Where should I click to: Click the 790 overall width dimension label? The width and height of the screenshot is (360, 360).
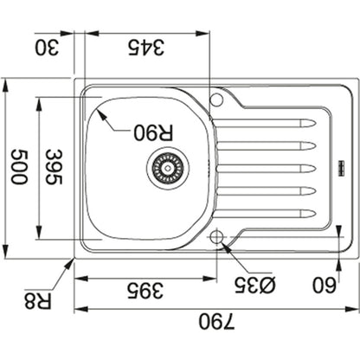216,322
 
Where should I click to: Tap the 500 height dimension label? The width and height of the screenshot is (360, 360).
19,166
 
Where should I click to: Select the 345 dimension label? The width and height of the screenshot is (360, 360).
146,48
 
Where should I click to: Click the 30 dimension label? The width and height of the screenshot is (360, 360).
47,48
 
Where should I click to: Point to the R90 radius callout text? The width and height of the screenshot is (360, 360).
153,132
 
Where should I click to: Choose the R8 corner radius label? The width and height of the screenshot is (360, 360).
38,300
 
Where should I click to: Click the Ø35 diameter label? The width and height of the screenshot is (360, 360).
255,285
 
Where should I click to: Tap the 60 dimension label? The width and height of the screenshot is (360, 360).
325,285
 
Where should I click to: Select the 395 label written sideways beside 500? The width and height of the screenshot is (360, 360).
55,167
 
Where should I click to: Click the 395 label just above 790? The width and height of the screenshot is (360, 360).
146,290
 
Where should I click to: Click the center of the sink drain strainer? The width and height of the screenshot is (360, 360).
168,167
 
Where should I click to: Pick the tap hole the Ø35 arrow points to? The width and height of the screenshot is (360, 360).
216,237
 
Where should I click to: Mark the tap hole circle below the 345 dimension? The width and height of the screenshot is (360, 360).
216,100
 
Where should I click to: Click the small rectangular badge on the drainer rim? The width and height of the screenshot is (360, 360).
341,167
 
